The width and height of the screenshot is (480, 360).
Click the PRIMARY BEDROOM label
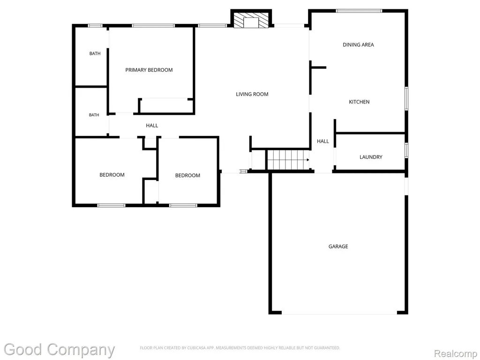click(x=149, y=70)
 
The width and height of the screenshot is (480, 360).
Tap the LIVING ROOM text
click(x=252, y=94)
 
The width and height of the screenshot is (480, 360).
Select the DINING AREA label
click(x=358, y=45)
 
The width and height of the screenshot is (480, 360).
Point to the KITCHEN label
click(x=359, y=102)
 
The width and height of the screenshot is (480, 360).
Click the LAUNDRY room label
click(x=371, y=157)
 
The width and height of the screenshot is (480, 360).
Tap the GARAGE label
click(x=338, y=247)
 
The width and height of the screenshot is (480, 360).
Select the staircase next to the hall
click(x=288, y=160)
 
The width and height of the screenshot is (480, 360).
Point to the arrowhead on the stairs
click(x=307, y=160)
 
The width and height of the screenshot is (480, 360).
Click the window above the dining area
click(x=359, y=11)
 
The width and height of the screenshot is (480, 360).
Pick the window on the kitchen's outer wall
click(x=406, y=98)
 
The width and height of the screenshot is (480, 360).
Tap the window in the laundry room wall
click(x=406, y=150)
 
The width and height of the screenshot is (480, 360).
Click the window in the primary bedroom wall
click(x=153, y=26)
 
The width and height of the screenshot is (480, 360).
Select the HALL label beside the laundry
click(x=322, y=142)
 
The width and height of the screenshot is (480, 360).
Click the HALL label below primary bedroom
click(x=152, y=126)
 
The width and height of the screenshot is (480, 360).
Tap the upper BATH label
click(x=95, y=53)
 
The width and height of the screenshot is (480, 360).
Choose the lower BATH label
click(x=94, y=115)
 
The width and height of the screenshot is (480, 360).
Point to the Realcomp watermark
click(x=455, y=353)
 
